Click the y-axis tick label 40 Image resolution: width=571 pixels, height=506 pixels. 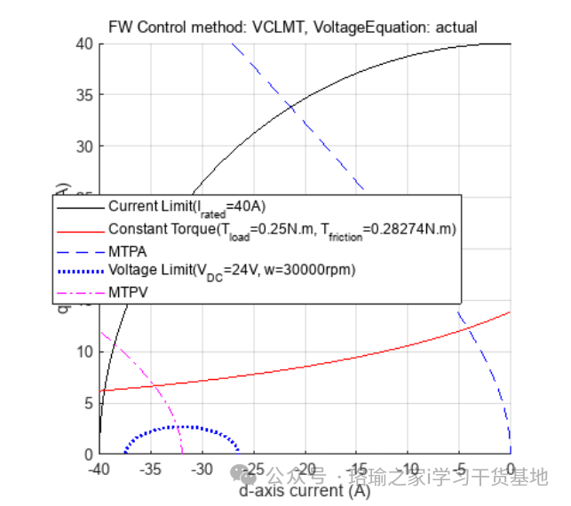click(84, 43)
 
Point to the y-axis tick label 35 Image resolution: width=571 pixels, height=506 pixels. click(84, 95)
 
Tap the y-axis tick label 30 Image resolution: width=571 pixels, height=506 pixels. click(84, 146)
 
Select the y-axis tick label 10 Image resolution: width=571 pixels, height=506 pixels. click(84, 352)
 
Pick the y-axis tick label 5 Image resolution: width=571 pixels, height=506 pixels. click(88, 402)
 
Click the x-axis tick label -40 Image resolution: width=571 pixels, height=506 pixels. click(99, 469)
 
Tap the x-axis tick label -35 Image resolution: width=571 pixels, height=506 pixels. click(150, 469)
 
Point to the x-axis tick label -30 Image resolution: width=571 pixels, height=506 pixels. click(202, 469)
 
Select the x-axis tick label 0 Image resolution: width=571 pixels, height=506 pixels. click(511, 469)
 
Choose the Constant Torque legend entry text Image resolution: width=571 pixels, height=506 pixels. click(282, 230)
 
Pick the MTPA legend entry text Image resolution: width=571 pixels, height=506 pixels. click(128, 249)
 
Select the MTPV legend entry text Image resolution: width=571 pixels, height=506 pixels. click(128, 289)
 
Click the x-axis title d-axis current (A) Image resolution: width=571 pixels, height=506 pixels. click(305, 490)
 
